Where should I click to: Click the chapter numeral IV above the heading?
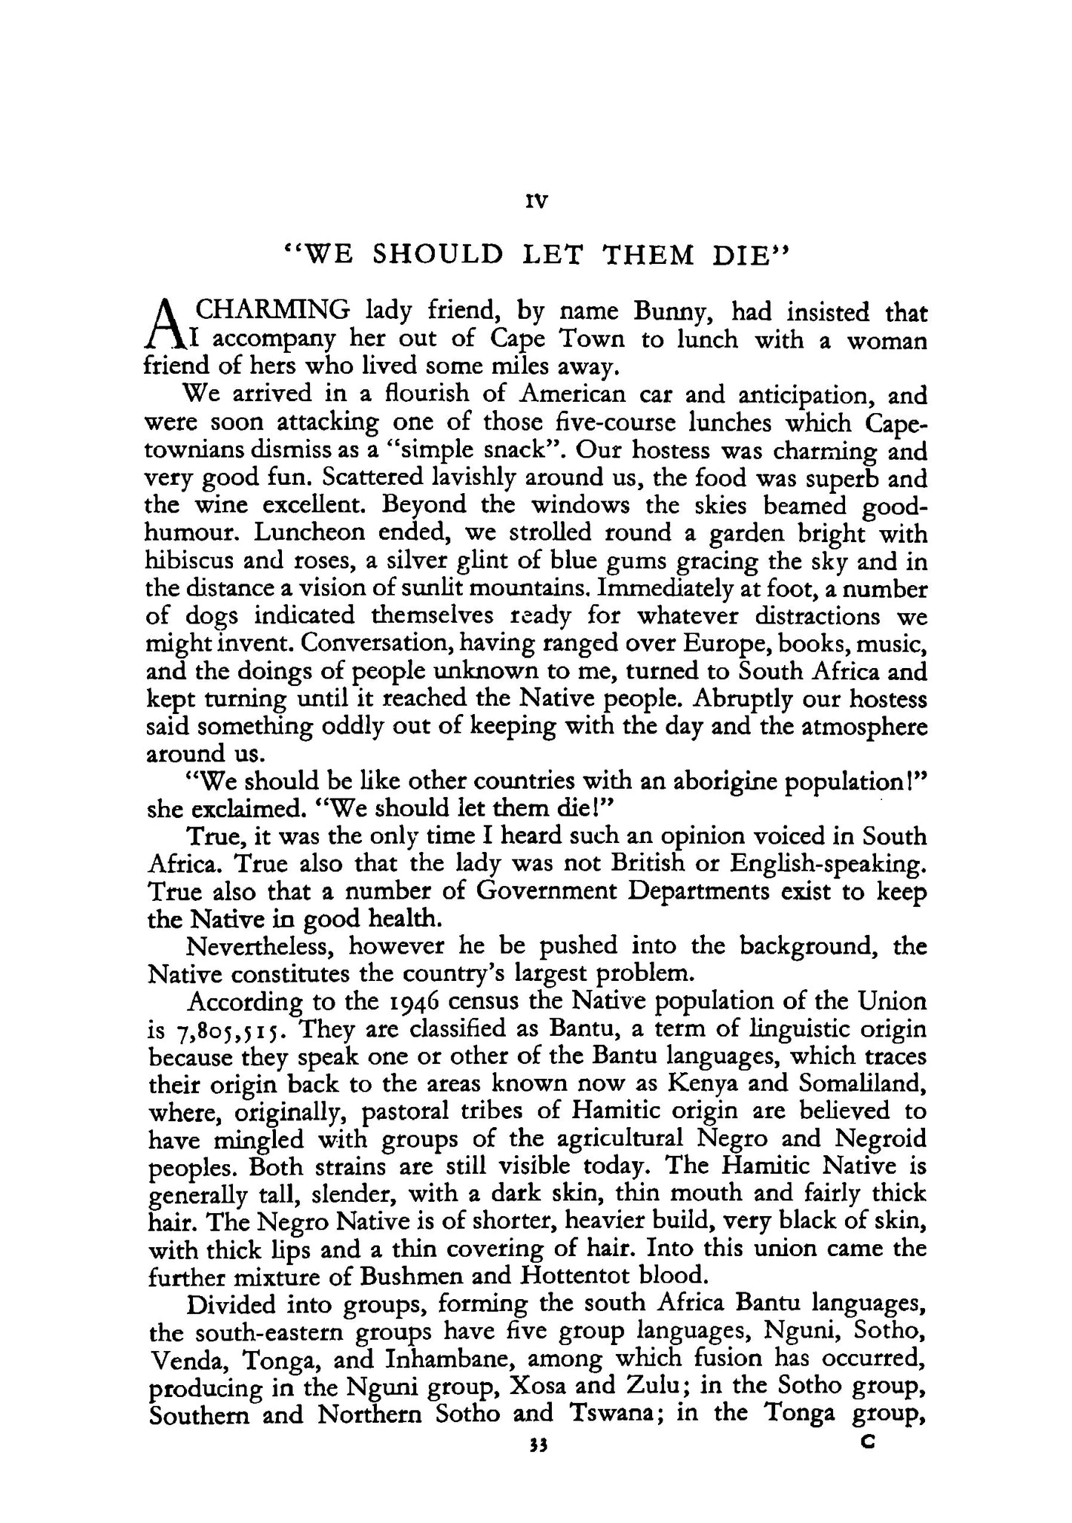536,201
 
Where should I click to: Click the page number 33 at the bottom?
538,1443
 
